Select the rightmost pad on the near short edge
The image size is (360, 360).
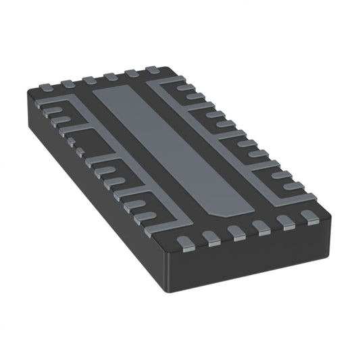tap(309, 217)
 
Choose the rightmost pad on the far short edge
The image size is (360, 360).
tap(150, 70)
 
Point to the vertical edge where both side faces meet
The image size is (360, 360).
tap(166, 270)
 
